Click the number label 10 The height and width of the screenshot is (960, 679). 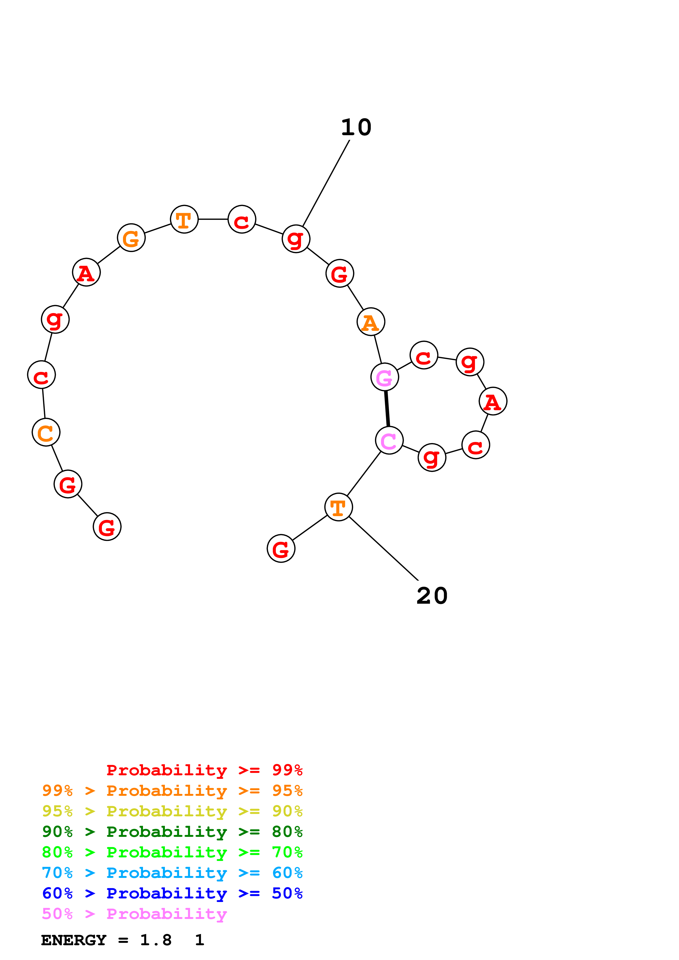[356, 128]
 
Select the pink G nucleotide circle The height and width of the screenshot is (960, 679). [385, 377]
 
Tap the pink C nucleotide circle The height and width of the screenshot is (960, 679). [389, 440]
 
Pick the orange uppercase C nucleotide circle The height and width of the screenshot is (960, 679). [46, 432]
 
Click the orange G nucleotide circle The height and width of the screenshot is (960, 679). [131, 238]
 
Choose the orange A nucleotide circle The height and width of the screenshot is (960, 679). [371, 322]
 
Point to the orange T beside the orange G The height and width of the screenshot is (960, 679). [184, 219]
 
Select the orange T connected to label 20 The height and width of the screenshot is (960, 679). [339, 507]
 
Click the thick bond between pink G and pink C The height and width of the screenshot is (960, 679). [387, 409]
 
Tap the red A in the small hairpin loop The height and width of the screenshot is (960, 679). [493, 401]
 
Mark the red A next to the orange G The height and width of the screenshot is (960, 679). [86, 273]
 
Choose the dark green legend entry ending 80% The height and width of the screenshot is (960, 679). [172, 832]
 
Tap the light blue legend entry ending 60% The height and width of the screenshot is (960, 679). [172, 873]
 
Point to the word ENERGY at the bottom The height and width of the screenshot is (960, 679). [74, 940]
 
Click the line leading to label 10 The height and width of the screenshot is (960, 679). [326, 183]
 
